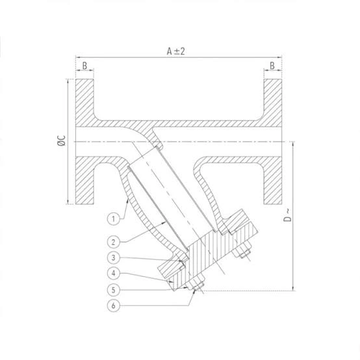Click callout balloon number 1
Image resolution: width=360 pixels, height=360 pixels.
click(x=114, y=219)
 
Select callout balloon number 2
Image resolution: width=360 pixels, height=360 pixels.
click(x=114, y=242)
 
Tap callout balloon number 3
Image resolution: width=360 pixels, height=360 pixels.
click(x=114, y=257)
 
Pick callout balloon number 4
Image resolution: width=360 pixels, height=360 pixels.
click(x=114, y=273)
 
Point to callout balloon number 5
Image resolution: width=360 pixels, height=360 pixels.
click(x=114, y=290)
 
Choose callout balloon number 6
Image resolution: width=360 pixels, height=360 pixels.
click(x=114, y=305)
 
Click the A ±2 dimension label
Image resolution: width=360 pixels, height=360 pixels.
click(x=175, y=51)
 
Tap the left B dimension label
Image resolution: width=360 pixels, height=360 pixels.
click(x=84, y=66)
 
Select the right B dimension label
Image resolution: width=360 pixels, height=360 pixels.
click(x=272, y=66)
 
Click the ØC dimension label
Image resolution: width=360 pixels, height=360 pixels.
click(x=62, y=140)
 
